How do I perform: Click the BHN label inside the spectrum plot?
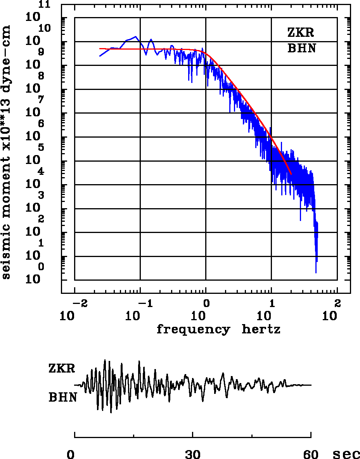(301, 49)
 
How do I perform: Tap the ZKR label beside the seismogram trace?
(62, 368)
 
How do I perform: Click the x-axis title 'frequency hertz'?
(218, 330)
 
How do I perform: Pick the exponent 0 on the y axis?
(41, 267)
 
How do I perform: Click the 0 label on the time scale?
(71, 454)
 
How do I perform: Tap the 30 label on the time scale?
(193, 454)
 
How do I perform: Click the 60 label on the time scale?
(311, 454)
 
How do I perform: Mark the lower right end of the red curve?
(291, 174)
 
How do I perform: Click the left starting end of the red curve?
(100, 49)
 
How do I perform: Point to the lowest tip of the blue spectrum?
(316, 273)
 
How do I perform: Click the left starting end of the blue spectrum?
(100, 56)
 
